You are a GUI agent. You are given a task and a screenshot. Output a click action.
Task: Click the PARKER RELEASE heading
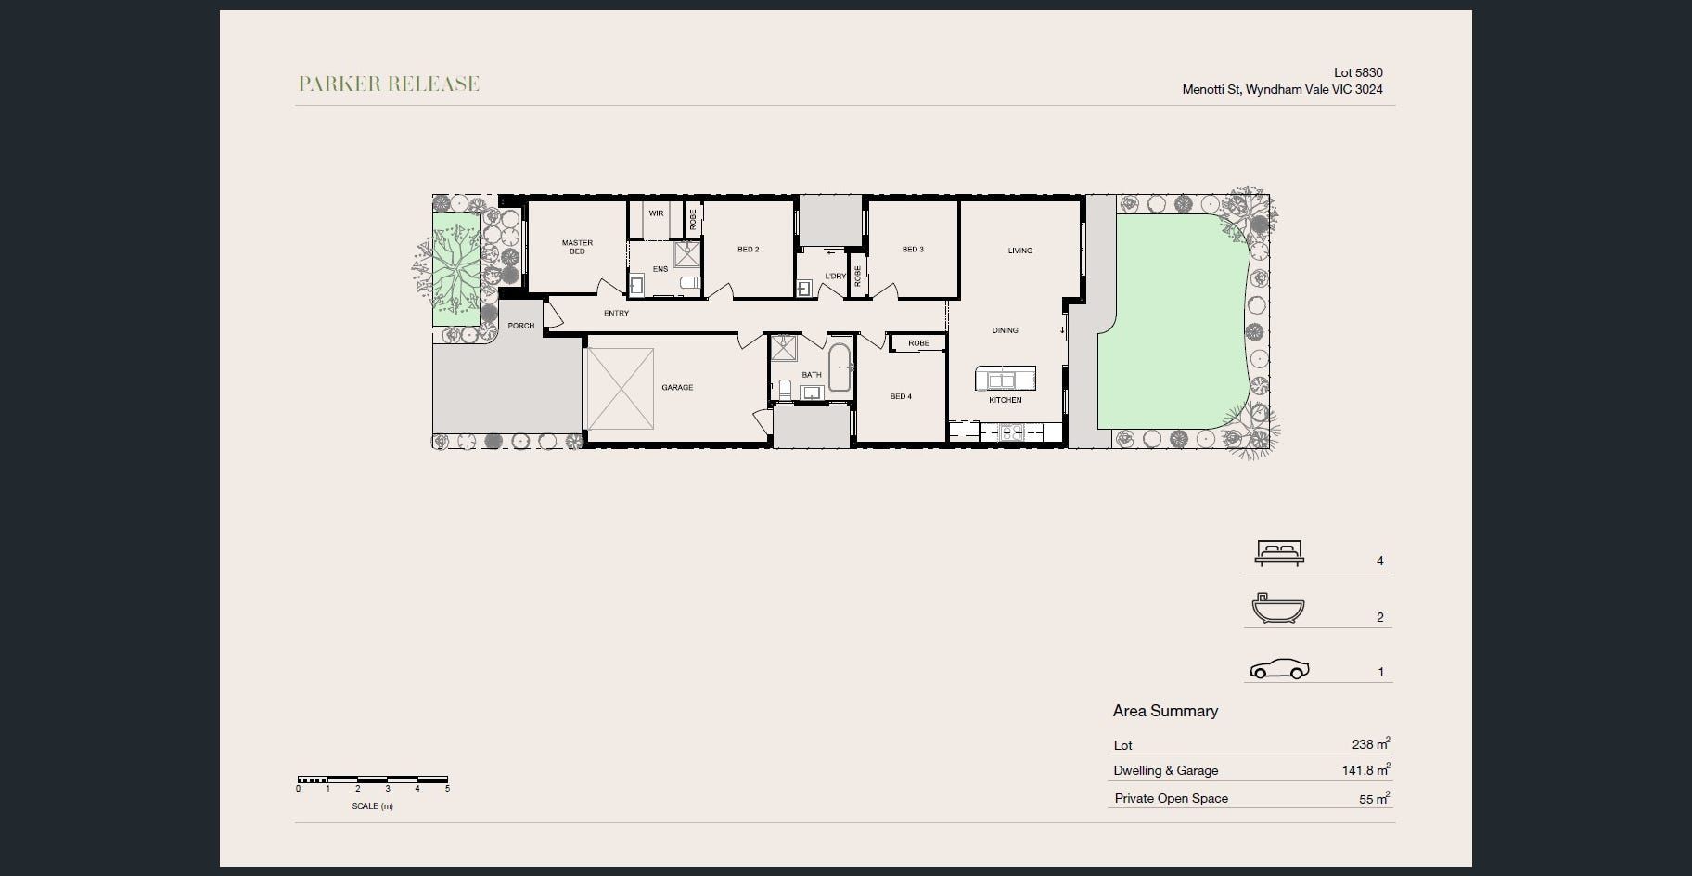pyautogui.click(x=389, y=84)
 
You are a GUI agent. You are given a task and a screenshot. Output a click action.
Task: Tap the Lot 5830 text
pyautogui.click(x=1358, y=72)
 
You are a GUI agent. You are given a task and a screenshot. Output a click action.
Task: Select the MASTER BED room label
pyautogui.click(x=577, y=247)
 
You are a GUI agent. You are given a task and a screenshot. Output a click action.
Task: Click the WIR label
pyautogui.click(x=656, y=213)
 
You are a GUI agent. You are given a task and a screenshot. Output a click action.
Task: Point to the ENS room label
pyautogui.click(x=660, y=269)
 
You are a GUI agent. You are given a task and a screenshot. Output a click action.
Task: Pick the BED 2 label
pyautogui.click(x=749, y=250)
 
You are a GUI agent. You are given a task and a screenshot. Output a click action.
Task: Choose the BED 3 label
pyautogui.click(x=913, y=250)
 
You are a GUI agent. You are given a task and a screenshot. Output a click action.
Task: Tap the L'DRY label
pyautogui.click(x=835, y=277)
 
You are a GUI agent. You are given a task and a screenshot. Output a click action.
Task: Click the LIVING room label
pyautogui.click(x=1020, y=251)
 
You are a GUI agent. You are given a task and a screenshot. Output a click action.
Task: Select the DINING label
pyautogui.click(x=1006, y=330)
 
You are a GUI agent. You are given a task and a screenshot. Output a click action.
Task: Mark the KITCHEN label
pyautogui.click(x=1006, y=400)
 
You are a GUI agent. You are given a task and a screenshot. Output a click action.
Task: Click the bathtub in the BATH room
pyautogui.click(x=839, y=367)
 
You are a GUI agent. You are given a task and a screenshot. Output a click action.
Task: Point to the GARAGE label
pyautogui.click(x=677, y=387)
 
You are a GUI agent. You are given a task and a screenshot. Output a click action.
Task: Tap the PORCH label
pyautogui.click(x=521, y=326)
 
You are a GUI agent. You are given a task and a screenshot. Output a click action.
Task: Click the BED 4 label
pyautogui.click(x=901, y=396)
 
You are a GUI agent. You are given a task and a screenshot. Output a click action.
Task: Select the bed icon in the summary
pyautogui.click(x=1279, y=552)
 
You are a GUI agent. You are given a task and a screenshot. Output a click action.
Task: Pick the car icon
pyautogui.click(x=1280, y=669)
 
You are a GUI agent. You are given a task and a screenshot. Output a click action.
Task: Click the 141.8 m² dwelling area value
pyautogui.click(x=1365, y=769)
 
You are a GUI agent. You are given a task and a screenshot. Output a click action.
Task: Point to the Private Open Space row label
pyautogui.click(x=1171, y=798)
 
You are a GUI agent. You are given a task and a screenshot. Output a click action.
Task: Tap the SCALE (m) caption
pyautogui.click(x=372, y=806)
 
